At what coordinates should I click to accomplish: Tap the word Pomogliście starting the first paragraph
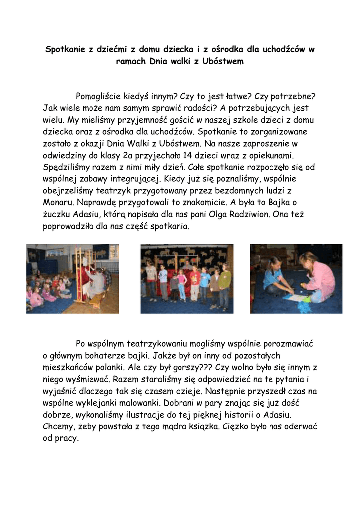(102, 96)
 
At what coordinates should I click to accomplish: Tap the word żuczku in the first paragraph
(57, 215)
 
